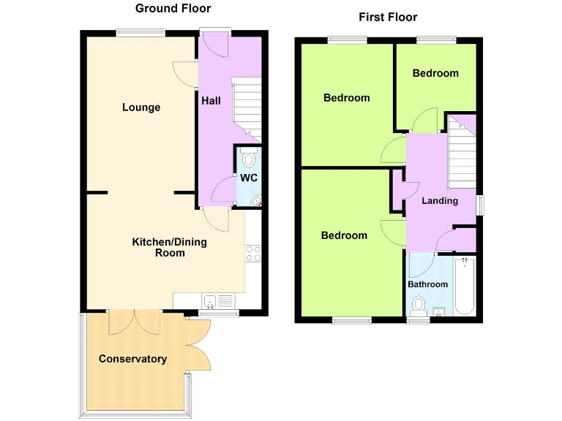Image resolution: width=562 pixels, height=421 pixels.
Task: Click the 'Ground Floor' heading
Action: pyautogui.click(x=173, y=9)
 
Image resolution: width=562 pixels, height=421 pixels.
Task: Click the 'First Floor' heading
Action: pyautogui.click(x=388, y=17)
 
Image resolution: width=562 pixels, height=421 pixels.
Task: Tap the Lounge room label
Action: pyautogui.click(x=141, y=107)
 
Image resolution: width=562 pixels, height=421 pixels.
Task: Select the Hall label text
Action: pyautogui.click(x=211, y=101)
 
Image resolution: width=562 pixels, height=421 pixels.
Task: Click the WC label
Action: pyautogui.click(x=249, y=178)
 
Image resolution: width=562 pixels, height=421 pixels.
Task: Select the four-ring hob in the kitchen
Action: pyautogui.click(x=254, y=254)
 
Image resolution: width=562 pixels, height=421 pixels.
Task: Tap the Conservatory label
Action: pyautogui.click(x=132, y=359)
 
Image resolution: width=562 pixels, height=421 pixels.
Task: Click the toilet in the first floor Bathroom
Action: pyautogui.click(x=419, y=304)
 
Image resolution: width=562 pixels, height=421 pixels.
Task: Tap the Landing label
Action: pyautogui.click(x=441, y=200)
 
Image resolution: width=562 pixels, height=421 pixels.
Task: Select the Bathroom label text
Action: pyautogui.click(x=427, y=284)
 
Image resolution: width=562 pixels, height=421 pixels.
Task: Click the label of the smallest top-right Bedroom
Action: pyautogui.click(x=435, y=73)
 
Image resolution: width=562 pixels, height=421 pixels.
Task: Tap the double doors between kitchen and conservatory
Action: pyautogui.click(x=134, y=322)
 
